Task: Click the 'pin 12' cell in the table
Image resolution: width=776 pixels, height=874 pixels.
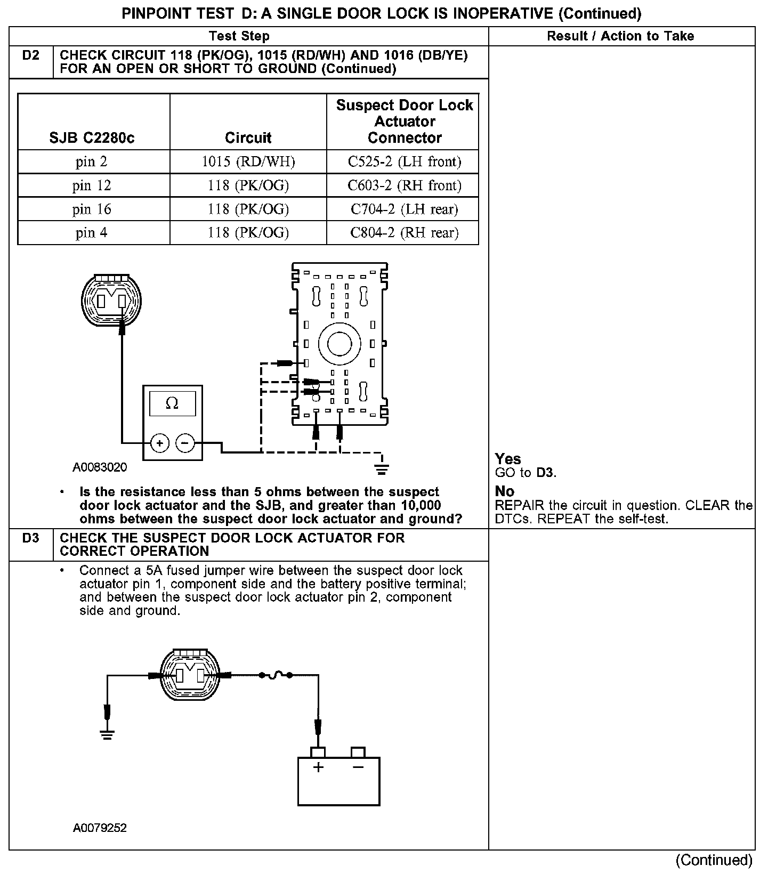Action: tap(92, 185)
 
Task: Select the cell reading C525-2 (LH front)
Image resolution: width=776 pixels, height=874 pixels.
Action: tap(404, 162)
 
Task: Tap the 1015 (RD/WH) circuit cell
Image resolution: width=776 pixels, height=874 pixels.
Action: tap(248, 162)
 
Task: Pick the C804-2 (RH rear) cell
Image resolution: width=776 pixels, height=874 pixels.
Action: tap(404, 233)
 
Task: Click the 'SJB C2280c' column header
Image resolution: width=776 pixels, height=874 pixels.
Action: tap(92, 138)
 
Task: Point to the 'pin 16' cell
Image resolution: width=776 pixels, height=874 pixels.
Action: tap(92, 209)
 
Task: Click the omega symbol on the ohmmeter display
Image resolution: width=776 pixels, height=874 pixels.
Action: tap(172, 403)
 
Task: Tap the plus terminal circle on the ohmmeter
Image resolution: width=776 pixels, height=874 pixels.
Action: tap(160, 443)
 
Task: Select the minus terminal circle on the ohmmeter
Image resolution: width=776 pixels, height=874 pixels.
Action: tap(185, 443)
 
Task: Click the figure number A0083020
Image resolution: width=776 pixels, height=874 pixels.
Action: tap(100, 467)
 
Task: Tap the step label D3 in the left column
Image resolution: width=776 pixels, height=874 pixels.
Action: tap(31, 538)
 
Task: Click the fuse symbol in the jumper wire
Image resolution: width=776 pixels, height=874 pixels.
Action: tap(276, 676)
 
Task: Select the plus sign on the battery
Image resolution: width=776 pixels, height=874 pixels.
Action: tap(318, 767)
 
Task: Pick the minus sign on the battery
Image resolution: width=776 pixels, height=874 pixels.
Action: tap(358, 767)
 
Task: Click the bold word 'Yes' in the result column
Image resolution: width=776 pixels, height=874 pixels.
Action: tap(508, 459)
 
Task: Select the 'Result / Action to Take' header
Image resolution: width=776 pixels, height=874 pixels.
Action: tap(621, 36)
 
